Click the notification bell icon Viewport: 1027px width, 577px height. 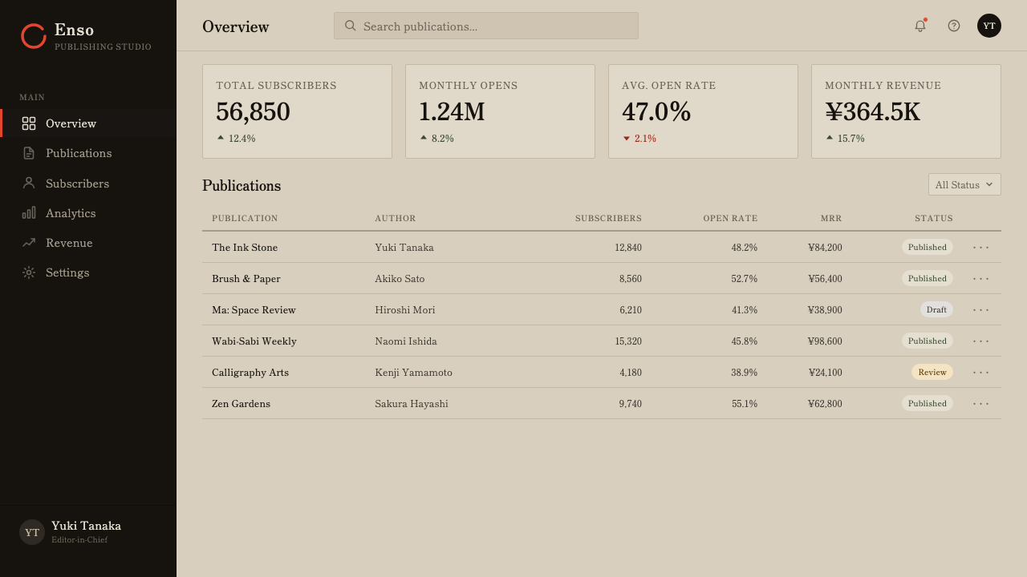coord(920,26)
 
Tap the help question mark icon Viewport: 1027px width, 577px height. coord(954,26)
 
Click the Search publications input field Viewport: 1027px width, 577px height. coord(486,26)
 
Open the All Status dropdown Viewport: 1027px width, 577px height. coord(964,184)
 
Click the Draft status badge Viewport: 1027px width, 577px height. coord(936,309)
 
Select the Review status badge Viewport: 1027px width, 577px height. coord(932,373)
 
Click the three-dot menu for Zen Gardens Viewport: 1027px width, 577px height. coord(980,403)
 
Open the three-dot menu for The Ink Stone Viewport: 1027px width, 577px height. coord(980,248)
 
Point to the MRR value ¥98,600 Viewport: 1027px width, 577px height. coord(825,341)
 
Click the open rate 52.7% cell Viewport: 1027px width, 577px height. coord(744,278)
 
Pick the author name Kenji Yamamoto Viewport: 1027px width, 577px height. coord(413,373)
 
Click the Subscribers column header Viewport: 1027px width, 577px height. coord(608,218)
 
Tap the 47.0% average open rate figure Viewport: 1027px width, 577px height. coord(656,111)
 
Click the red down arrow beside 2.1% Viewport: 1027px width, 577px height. coord(627,139)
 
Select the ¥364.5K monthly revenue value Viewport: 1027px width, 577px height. coord(872,111)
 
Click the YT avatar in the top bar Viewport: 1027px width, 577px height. coord(989,26)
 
